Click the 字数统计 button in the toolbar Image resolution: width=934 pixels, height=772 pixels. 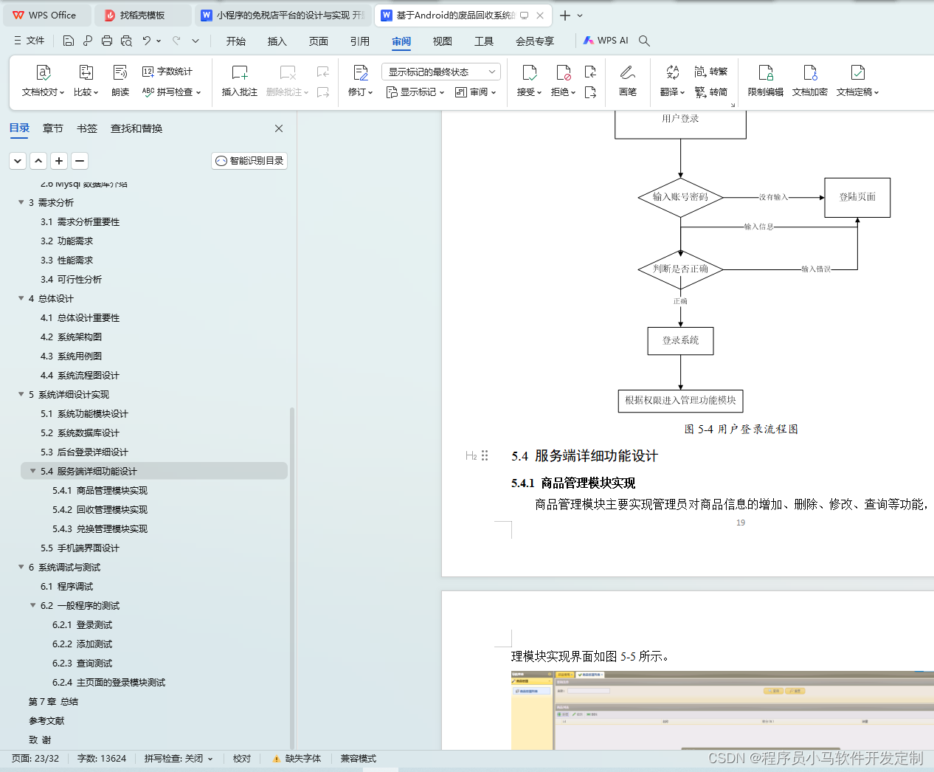[x=167, y=72]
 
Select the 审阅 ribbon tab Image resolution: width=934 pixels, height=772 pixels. [x=401, y=41]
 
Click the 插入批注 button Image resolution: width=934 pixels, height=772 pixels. [x=240, y=80]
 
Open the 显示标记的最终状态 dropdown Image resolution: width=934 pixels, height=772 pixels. [x=441, y=72]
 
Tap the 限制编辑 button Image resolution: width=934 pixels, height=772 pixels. [x=765, y=80]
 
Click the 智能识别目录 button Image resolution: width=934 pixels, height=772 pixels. [x=249, y=161]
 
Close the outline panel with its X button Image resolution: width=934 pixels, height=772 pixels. [x=279, y=128]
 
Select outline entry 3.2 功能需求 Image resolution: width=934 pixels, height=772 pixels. [x=75, y=241]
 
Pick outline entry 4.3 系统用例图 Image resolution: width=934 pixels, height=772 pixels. [x=79, y=356]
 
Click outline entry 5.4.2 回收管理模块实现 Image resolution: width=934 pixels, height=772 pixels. [x=111, y=510]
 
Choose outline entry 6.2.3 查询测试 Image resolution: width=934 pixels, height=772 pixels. [x=94, y=664]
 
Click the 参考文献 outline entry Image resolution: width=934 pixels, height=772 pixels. [x=46, y=721]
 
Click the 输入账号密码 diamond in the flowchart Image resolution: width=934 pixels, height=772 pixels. [x=680, y=197]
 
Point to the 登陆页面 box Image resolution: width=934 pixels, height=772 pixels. [x=857, y=197]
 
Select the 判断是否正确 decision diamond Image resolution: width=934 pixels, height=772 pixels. [x=680, y=269]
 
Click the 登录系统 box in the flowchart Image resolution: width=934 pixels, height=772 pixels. [x=680, y=341]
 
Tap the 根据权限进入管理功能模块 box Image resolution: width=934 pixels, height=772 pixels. [x=680, y=401]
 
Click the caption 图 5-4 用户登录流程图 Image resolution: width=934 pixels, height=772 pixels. [x=741, y=429]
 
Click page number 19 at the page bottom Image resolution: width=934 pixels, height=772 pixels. [x=741, y=523]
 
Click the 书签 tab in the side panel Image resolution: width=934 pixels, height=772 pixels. [x=87, y=128]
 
